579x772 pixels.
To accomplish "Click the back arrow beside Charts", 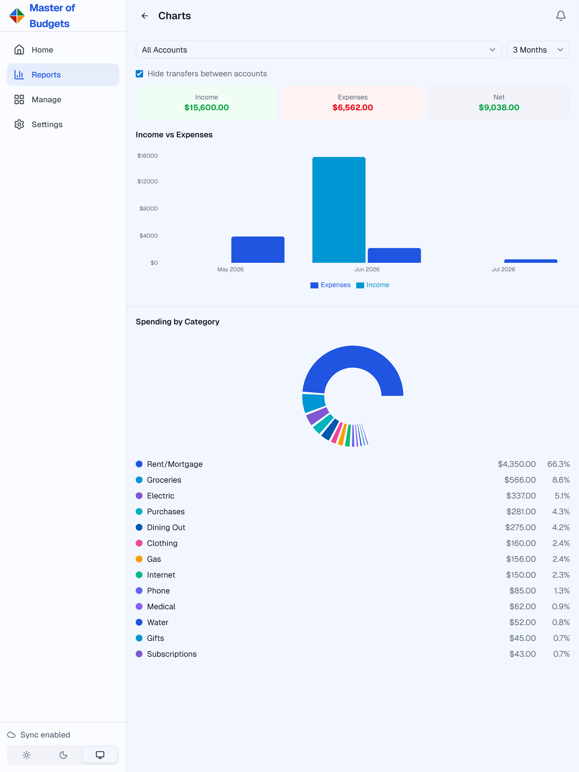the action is (144, 16).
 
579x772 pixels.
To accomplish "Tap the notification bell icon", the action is (561, 16).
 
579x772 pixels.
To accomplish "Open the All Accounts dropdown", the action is (319, 50).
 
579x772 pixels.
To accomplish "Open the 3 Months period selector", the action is (538, 50).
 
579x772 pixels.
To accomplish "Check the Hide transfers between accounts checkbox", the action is (139, 74).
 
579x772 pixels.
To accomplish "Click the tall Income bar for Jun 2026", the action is (339, 210).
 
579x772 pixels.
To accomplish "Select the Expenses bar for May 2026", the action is (258, 250).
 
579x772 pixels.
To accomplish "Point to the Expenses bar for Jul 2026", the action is (530, 261).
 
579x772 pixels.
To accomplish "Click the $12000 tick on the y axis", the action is (147, 181).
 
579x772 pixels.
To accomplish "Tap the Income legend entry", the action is (373, 285).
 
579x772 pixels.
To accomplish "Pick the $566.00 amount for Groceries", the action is (520, 480).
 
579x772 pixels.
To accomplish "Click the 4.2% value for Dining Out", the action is (561, 527).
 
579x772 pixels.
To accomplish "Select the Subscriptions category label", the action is (172, 654).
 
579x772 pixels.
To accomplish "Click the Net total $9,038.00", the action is (499, 107).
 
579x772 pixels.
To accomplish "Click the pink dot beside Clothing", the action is (139, 543).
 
